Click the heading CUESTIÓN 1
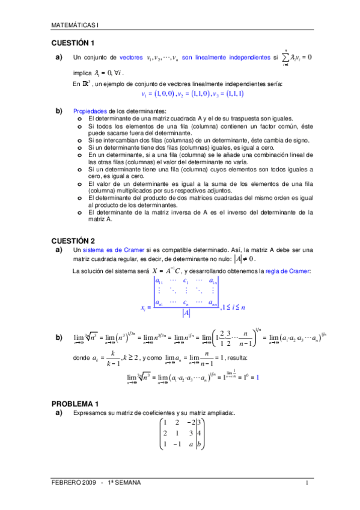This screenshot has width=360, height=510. point(73,43)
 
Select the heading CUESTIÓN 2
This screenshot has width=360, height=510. point(73,240)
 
